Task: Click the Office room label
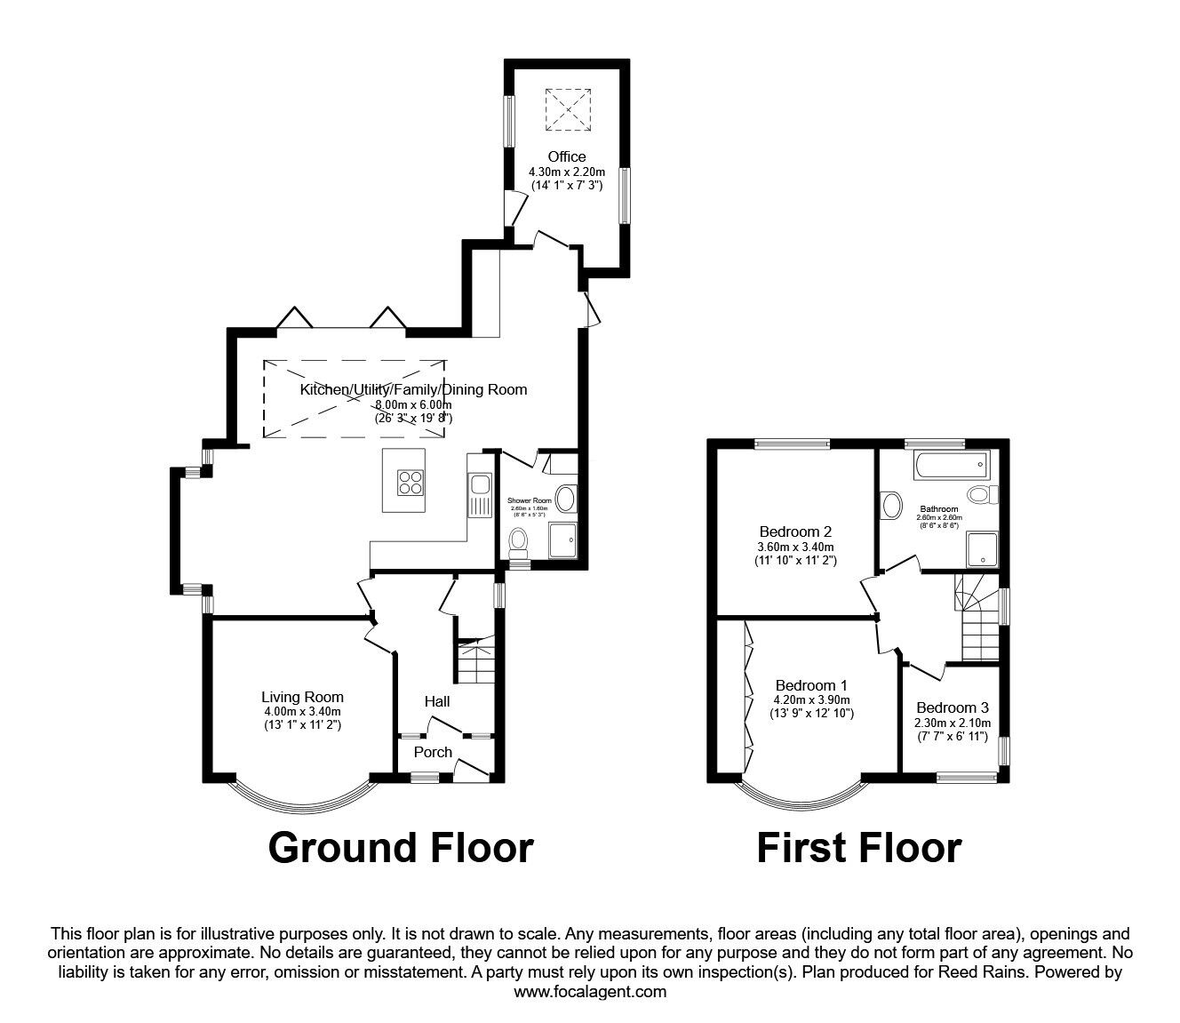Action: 567,157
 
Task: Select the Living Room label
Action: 302,697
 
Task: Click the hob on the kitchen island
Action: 410,481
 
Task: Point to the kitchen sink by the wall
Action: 481,485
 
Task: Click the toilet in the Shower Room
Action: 518,539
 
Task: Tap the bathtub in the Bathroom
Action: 950,462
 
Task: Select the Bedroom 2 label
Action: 790,531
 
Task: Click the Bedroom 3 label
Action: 952,707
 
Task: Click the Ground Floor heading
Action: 400,847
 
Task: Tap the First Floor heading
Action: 858,847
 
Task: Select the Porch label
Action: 434,752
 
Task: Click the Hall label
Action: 436,701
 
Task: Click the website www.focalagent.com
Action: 590,992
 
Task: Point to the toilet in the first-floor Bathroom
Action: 982,494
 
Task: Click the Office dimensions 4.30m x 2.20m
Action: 567,172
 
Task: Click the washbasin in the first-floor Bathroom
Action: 890,507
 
